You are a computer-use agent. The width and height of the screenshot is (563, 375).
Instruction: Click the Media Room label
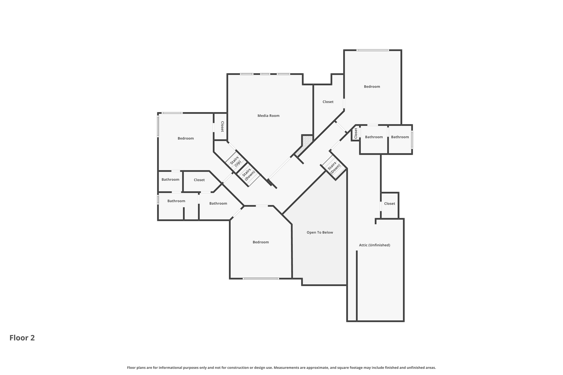pyautogui.click(x=268, y=116)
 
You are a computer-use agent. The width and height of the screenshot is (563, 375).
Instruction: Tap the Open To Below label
pyautogui.click(x=320, y=232)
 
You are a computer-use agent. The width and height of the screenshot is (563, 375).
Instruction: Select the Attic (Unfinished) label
pyautogui.click(x=374, y=245)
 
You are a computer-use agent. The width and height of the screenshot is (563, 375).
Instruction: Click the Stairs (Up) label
pyautogui.click(x=236, y=162)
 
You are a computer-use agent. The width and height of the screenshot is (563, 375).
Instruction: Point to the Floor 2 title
pyautogui.click(x=22, y=338)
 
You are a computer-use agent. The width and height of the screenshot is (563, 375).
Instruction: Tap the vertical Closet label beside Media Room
pyautogui.click(x=222, y=127)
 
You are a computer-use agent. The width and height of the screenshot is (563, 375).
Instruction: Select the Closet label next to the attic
pyautogui.click(x=389, y=204)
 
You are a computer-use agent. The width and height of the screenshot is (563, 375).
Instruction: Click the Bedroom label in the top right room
pyautogui.click(x=372, y=87)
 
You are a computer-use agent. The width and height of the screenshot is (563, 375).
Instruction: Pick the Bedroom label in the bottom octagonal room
pyautogui.click(x=261, y=242)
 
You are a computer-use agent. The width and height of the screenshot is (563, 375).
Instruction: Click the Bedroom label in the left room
pyautogui.click(x=186, y=138)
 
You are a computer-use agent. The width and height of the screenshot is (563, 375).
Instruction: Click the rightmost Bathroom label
pyautogui.click(x=400, y=137)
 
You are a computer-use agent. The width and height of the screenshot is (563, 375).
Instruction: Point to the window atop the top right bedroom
pyautogui.click(x=372, y=50)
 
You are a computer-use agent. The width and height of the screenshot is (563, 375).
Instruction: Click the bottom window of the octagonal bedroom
pyautogui.click(x=261, y=279)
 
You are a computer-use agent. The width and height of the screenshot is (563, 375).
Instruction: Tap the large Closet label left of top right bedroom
pyautogui.click(x=328, y=102)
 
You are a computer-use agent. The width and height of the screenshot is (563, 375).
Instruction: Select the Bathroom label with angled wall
pyautogui.click(x=218, y=203)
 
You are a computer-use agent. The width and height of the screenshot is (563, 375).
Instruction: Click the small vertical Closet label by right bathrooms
pyautogui.click(x=356, y=133)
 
